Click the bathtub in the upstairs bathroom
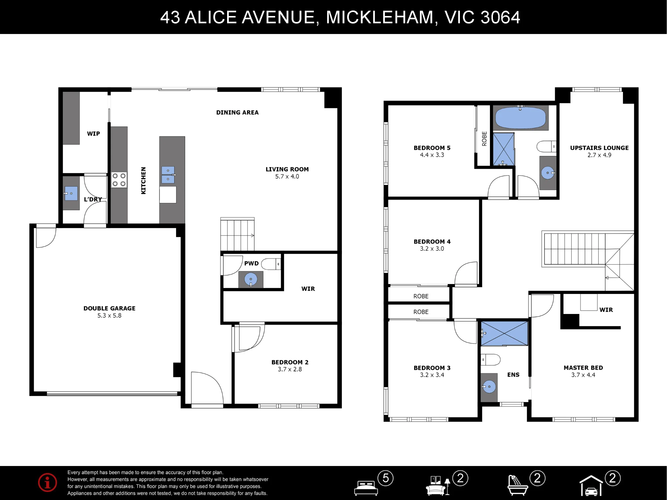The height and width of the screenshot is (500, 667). click(520, 118)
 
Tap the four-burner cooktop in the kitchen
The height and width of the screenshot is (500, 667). click(119, 180)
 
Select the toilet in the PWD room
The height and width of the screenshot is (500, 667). click(271, 264)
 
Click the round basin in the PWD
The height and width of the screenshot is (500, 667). click(251, 279)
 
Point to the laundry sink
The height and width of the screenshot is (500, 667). click(71, 193)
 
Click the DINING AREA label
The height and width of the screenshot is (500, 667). click(237, 113)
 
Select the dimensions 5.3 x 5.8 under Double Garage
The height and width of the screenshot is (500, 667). click(109, 316)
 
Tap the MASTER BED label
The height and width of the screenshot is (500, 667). click(583, 368)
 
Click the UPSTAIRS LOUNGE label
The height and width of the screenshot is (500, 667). click(599, 148)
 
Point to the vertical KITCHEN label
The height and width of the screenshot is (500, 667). click(143, 180)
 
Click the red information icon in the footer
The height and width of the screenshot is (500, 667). click(47, 482)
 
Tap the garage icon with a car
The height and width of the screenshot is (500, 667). click(591, 486)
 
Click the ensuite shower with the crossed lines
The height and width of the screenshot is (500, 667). click(504, 333)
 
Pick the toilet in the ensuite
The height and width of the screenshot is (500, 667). click(491, 360)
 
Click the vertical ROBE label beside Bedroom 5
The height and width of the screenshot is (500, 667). click(485, 139)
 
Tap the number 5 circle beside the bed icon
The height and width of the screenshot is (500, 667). click(386, 478)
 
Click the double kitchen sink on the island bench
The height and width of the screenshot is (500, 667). click(168, 175)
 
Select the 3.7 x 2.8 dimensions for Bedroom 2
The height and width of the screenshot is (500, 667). click(290, 369)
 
